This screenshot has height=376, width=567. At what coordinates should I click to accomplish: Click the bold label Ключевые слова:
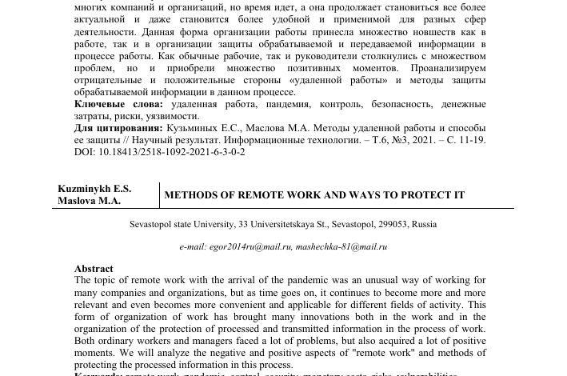coord(118,104)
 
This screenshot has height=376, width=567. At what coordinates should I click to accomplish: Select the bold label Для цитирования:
coord(118,128)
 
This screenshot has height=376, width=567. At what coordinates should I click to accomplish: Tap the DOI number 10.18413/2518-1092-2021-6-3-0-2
coord(171,151)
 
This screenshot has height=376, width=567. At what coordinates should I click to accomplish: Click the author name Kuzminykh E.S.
coord(94,189)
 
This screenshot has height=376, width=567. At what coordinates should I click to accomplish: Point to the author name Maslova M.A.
coord(89,201)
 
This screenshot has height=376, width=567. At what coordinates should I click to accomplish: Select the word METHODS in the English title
coord(189,195)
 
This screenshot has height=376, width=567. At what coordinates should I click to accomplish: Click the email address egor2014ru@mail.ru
coord(250,246)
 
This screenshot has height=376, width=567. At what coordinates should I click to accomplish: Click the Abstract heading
coord(94,269)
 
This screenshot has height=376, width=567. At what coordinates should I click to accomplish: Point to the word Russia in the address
coord(425,224)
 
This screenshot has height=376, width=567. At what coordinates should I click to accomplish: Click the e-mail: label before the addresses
coord(193,246)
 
